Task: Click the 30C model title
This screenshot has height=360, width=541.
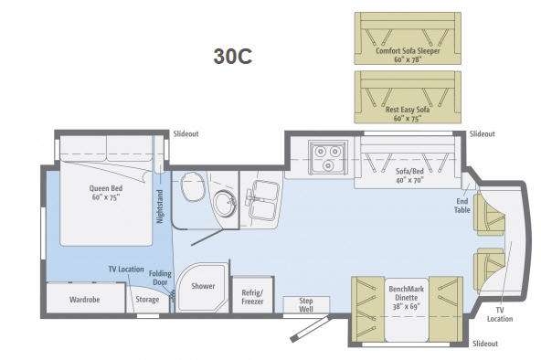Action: pyautogui.click(x=233, y=57)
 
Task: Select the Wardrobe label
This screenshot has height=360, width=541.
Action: pyautogui.click(x=84, y=300)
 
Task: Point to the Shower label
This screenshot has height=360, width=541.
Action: pyautogui.click(x=203, y=286)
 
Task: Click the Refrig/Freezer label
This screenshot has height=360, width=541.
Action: pyautogui.click(x=252, y=297)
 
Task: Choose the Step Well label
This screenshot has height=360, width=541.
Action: pyautogui.click(x=306, y=305)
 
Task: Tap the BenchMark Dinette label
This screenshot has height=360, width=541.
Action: pyautogui.click(x=407, y=297)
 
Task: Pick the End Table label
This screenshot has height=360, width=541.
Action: pyautogui.click(x=462, y=206)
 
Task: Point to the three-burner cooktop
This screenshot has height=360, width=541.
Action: pyautogui.click(x=328, y=157)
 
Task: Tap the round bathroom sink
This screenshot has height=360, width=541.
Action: pyautogui.click(x=225, y=204)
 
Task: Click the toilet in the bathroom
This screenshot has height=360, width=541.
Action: pyautogui.click(x=193, y=189)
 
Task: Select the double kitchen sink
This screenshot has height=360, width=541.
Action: pyautogui.click(x=263, y=200)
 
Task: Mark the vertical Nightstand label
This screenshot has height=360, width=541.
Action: pyautogui.click(x=160, y=206)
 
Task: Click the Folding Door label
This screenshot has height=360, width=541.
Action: pyautogui.click(x=160, y=278)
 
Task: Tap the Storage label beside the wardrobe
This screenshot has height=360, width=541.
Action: pyautogui.click(x=147, y=300)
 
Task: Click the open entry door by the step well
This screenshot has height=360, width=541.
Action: pyautogui.click(x=310, y=328)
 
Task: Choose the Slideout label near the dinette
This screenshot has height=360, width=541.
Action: pyautogui.click(x=485, y=344)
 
